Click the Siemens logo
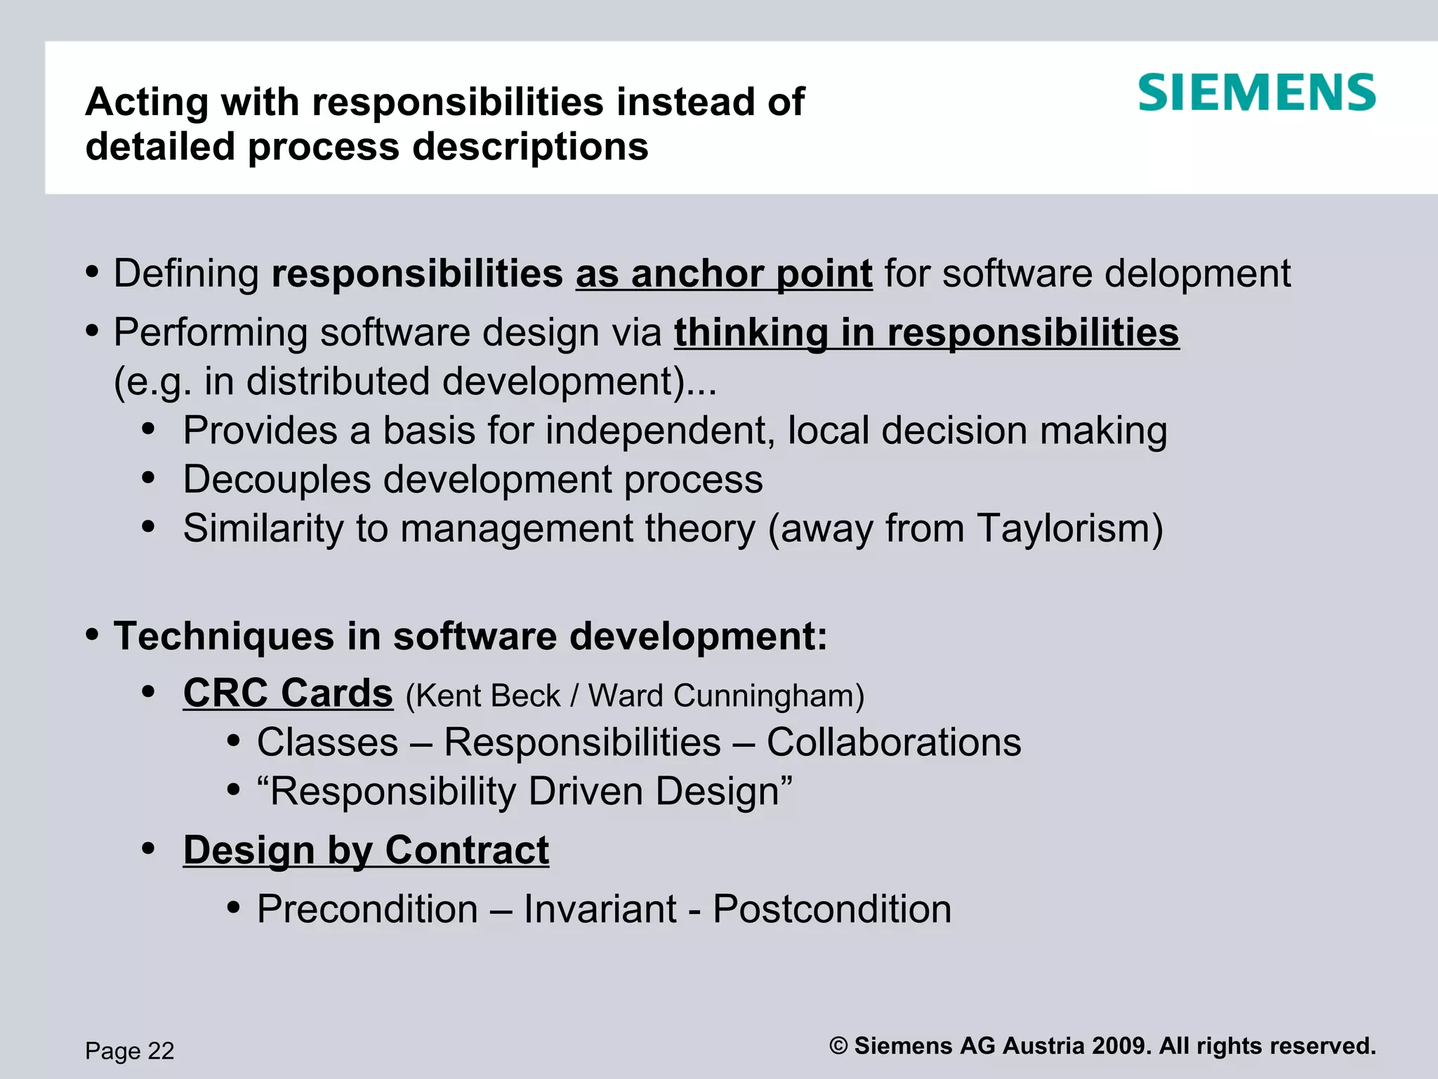(x=1256, y=93)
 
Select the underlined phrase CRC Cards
(x=288, y=693)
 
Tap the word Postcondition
(x=832, y=909)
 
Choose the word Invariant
(x=600, y=909)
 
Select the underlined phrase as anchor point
(x=724, y=273)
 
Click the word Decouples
(x=277, y=480)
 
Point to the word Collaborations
(x=893, y=743)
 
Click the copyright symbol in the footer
(x=838, y=1046)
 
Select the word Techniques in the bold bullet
(x=224, y=636)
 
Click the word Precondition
(x=367, y=909)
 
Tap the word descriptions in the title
(x=530, y=148)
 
